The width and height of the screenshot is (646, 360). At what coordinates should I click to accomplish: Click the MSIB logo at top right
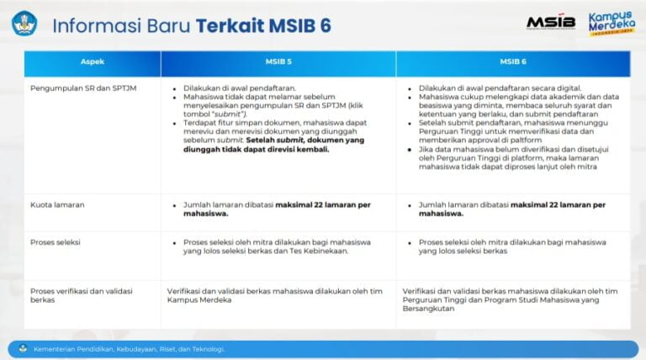(x=551, y=23)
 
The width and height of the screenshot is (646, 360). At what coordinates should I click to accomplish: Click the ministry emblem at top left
(x=24, y=23)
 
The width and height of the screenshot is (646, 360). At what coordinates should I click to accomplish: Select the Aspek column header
(x=93, y=62)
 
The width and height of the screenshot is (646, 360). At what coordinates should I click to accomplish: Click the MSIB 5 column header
(x=278, y=62)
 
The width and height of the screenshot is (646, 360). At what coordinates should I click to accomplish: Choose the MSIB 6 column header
(x=512, y=62)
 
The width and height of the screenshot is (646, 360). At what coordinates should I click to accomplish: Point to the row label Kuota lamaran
(x=57, y=205)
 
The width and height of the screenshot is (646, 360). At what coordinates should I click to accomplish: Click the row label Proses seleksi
(x=56, y=242)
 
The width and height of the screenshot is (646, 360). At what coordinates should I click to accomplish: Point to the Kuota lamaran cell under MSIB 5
(x=278, y=209)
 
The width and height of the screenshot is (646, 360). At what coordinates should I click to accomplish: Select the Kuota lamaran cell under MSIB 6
(x=512, y=209)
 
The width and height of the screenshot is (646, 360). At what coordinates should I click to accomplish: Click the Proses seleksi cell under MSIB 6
(x=512, y=246)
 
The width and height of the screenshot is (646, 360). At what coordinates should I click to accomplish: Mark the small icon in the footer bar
(x=23, y=348)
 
